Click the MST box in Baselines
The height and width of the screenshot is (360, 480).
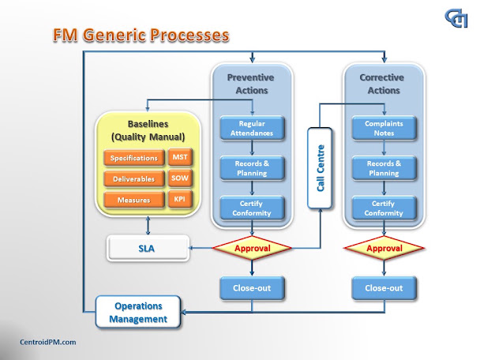tap(180, 157)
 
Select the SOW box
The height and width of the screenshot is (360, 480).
tap(180, 178)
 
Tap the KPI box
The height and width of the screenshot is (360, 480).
tap(180, 199)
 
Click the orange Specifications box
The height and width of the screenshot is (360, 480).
tap(134, 158)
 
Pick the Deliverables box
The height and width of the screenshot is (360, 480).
tap(134, 178)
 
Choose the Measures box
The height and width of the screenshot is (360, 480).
tap(134, 200)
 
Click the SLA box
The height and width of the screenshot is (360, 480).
tap(148, 248)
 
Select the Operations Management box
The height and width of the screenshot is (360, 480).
tap(138, 312)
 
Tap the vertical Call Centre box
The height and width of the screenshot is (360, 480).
tap(320, 168)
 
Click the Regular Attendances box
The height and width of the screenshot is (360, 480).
tap(252, 128)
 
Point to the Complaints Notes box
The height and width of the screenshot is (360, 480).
tap(384, 128)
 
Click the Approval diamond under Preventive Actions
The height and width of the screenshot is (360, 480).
tap(252, 248)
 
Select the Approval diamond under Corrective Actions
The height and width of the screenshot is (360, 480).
tap(384, 248)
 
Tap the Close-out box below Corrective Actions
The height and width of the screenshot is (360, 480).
tap(384, 288)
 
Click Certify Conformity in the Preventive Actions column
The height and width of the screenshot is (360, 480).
tap(252, 208)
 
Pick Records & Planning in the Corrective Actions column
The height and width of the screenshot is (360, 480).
tap(384, 168)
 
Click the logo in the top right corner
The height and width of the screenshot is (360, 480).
tap(456, 18)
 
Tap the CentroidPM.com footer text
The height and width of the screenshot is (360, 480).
tap(47, 342)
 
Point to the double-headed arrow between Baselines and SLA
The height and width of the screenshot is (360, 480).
tap(148, 226)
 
